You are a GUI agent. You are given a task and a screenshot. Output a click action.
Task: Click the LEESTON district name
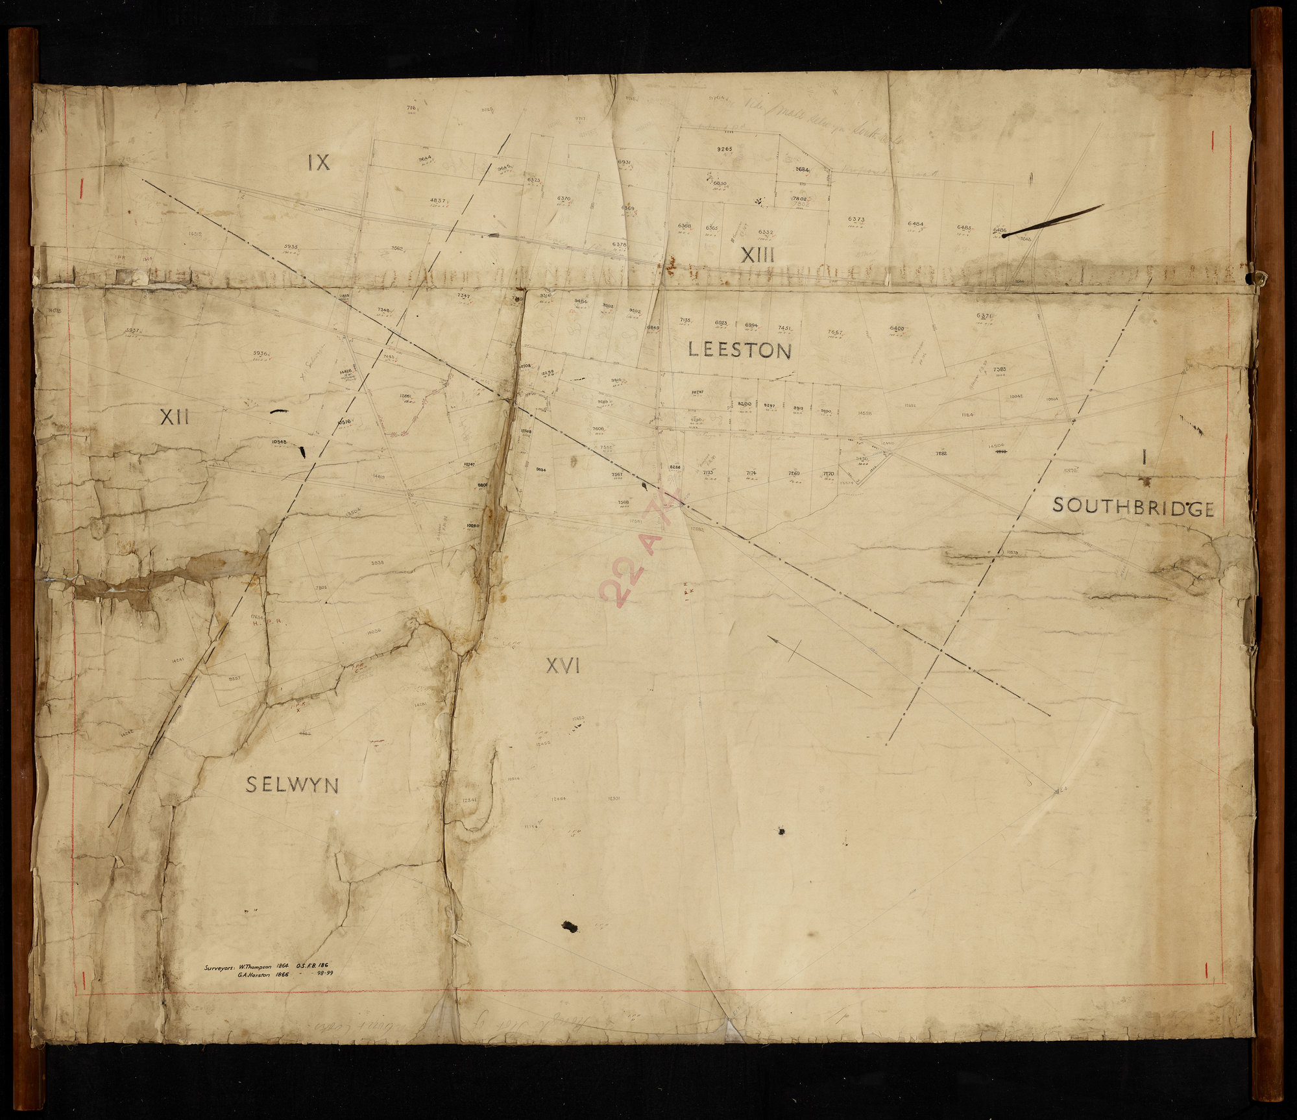(x=740, y=351)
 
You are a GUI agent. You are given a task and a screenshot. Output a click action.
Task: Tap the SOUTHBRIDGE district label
(x=1133, y=507)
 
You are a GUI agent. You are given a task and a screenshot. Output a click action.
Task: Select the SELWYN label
(x=292, y=786)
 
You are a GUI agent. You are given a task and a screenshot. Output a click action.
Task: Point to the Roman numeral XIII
(x=758, y=256)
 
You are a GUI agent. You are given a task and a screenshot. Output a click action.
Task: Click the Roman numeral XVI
(x=562, y=666)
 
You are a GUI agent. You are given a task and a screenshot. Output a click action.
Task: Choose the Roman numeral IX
(x=319, y=163)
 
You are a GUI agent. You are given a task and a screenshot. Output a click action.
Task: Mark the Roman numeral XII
(x=174, y=417)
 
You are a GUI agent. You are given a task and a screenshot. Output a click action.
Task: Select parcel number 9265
(x=724, y=149)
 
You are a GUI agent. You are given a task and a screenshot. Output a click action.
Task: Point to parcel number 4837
(x=437, y=201)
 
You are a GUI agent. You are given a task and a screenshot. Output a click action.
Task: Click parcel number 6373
(x=856, y=219)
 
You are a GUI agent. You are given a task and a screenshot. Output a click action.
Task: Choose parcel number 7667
(x=834, y=332)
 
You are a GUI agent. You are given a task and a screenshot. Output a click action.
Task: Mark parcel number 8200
(x=744, y=404)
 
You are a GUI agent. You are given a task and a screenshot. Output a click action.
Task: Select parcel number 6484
(x=915, y=224)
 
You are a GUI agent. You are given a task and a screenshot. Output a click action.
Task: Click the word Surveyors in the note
(x=219, y=967)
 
